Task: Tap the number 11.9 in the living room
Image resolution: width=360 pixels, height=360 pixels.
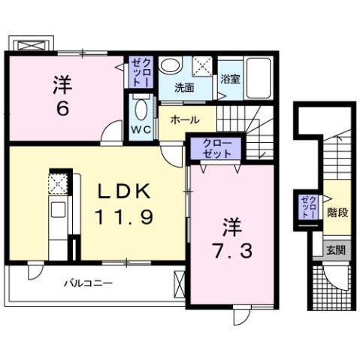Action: click(x=125, y=218)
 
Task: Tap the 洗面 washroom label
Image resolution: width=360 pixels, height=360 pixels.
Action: click(x=184, y=87)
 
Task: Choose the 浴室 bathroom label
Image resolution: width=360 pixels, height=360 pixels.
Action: click(x=230, y=78)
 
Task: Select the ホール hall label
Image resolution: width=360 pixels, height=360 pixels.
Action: click(x=184, y=120)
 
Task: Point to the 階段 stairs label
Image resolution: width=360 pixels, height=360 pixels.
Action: click(x=337, y=213)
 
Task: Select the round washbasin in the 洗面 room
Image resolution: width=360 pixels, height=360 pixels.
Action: click(x=171, y=66)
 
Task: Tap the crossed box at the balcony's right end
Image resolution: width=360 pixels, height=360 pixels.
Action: click(x=178, y=284)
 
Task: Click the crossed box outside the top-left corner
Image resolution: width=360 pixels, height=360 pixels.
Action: click(x=31, y=44)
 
